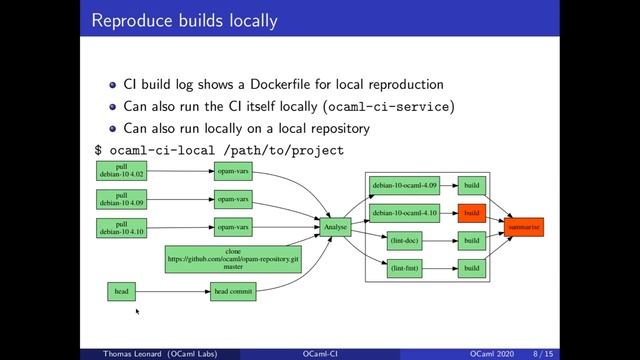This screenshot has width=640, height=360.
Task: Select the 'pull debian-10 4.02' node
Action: [x=121, y=172]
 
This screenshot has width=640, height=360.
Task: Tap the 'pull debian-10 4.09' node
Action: [x=121, y=200]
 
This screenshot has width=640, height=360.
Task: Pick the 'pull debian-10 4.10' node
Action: [x=121, y=227]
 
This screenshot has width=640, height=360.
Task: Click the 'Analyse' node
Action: [x=335, y=227]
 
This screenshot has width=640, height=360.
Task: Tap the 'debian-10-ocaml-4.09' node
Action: [x=404, y=186]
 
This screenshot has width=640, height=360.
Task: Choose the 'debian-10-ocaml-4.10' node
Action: [x=404, y=213]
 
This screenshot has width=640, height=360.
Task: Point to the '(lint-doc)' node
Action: [x=404, y=241]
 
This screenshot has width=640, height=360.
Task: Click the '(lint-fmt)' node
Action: [x=404, y=268]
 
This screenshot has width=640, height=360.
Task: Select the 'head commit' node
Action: [x=233, y=292]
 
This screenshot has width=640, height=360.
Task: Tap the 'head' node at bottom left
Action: [x=121, y=292]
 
